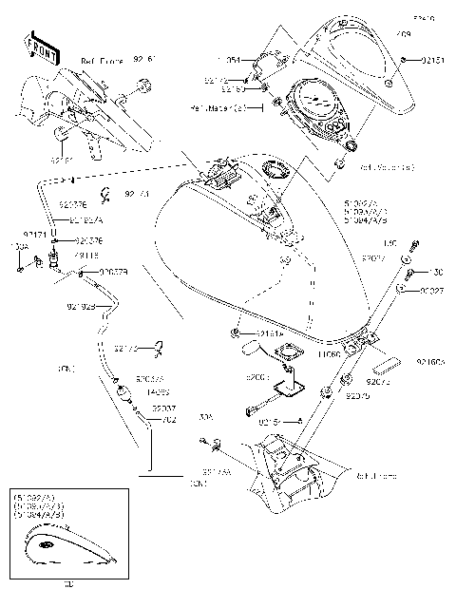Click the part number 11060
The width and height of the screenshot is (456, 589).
[x=330, y=352]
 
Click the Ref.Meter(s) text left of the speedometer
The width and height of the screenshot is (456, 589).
[x=227, y=109]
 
